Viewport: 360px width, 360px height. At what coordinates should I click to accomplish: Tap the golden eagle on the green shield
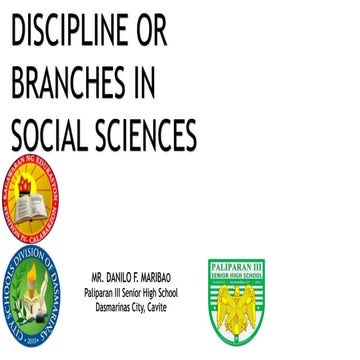(237, 303)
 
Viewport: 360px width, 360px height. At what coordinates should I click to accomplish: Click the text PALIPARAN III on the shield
(236, 267)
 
